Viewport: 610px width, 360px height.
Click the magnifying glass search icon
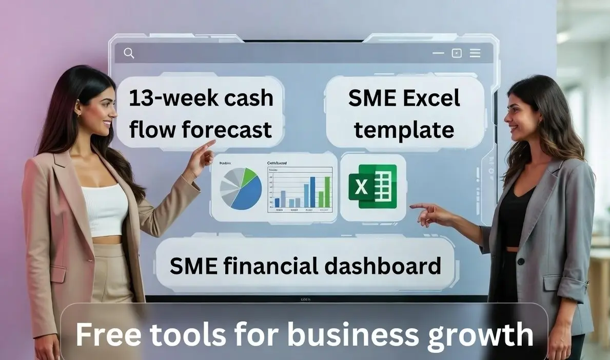pos(129,53)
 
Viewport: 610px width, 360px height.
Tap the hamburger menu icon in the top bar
pos(475,53)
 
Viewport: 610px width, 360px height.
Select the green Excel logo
pos(372,187)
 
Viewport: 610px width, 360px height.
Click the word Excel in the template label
pos(431,98)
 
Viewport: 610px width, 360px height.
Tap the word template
pos(404,129)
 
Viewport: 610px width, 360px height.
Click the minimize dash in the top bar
pos(438,53)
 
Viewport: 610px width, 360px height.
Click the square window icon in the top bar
pos(456,53)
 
